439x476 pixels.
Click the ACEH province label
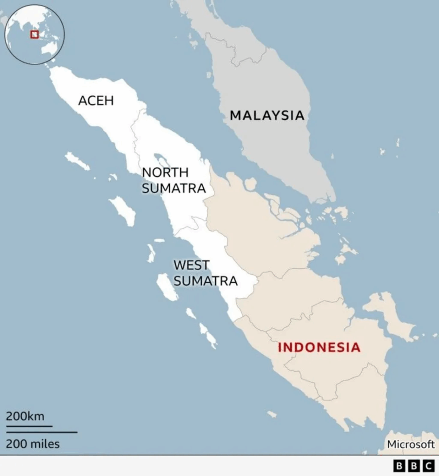pos(96,100)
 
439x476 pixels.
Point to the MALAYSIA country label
pos(267,115)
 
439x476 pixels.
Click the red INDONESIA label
pos(319,347)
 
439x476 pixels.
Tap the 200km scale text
pos(25,416)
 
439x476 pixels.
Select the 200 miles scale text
pos(33,444)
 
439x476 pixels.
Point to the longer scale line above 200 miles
pos(41,432)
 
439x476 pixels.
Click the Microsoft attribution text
pos(411,444)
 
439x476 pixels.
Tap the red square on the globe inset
pos(34,34)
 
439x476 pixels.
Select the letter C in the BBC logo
pos(428,466)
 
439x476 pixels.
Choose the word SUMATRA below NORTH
pos(173,188)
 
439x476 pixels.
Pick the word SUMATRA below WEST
pos(206,281)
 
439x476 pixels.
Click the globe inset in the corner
pos(35,35)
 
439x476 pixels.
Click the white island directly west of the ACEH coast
pos(77,161)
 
